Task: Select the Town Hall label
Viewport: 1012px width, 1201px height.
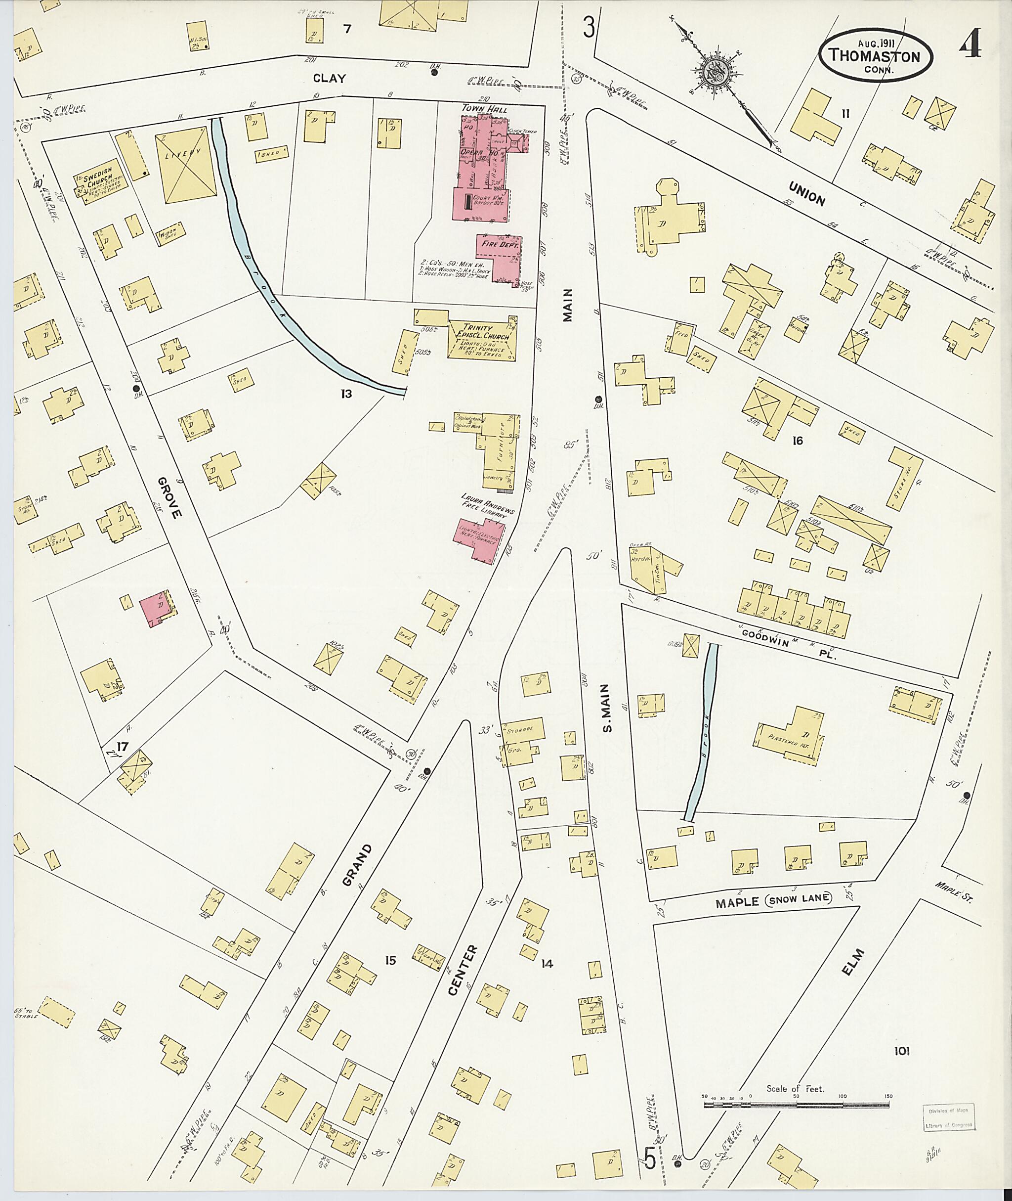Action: tap(481, 108)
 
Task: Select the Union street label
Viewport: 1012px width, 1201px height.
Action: tap(806, 193)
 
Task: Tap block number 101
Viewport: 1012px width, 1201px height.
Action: tap(902, 1052)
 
